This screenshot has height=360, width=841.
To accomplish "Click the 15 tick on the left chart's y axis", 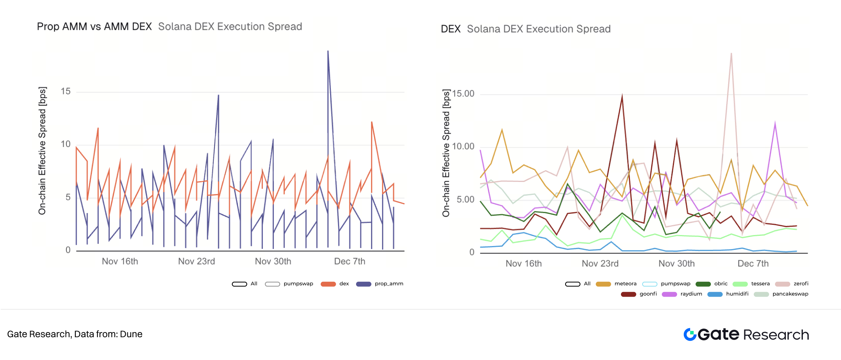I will (66, 92).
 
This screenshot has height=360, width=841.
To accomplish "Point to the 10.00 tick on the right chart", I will (463, 147).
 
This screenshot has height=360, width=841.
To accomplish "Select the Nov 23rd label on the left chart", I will (196, 261).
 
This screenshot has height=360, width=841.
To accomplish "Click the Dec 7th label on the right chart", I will (753, 264).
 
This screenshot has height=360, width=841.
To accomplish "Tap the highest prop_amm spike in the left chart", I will (328, 51).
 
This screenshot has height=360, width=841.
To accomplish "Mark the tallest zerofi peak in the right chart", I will (731, 54).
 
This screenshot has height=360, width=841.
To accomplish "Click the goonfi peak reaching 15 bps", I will (622, 96).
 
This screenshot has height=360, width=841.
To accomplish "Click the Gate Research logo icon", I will (690, 334).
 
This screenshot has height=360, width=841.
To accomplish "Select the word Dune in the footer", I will (131, 334).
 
